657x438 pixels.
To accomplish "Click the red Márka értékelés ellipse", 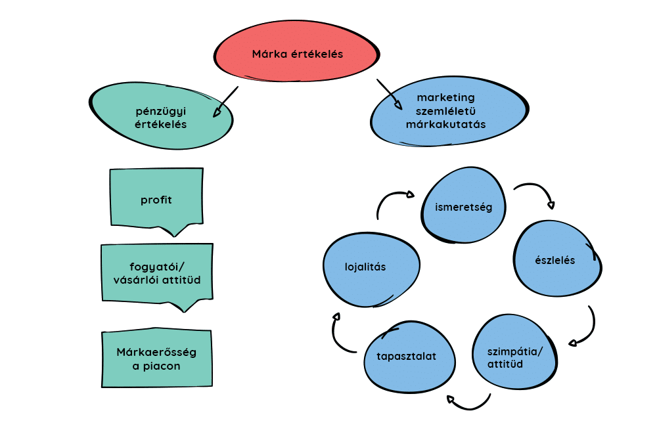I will coord(297,55).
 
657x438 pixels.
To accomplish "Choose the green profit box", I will coord(156,199).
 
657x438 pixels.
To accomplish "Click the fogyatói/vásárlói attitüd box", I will coord(156,274).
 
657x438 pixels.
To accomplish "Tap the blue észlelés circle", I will coord(555,260).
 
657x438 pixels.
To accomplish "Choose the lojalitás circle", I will coord(370,267).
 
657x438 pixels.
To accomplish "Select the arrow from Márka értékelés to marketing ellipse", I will coord(389,93).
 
